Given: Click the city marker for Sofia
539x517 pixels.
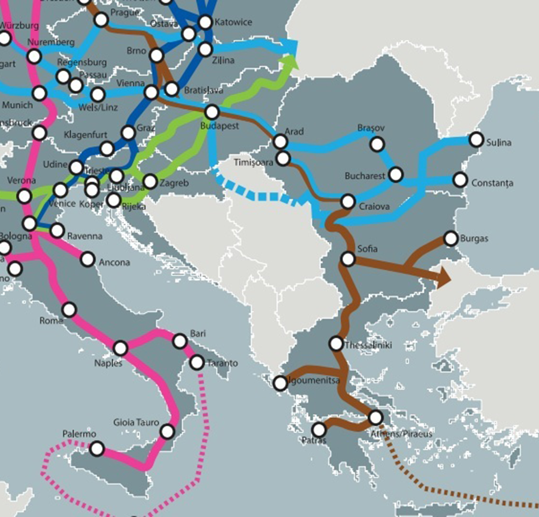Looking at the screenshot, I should [x=348, y=259].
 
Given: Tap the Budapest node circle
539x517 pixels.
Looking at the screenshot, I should [x=212, y=112].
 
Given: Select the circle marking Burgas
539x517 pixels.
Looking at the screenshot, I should [x=451, y=239].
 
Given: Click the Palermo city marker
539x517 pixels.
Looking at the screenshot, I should [x=97, y=449].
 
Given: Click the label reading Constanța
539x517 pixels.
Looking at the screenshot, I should [x=492, y=183].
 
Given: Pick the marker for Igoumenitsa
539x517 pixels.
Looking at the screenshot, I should [x=280, y=383].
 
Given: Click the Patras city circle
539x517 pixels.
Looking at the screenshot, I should [x=319, y=429].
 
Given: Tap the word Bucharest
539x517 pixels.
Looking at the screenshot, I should [x=364, y=176].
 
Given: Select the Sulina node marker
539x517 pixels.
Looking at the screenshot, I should [x=476, y=140].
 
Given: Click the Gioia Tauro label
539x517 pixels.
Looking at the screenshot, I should [x=136, y=422].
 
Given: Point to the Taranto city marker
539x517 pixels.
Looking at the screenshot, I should [x=197, y=363].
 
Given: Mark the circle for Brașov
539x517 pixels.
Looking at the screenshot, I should [x=377, y=144].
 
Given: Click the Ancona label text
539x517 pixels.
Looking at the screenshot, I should [x=114, y=262].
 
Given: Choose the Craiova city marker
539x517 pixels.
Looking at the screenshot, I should [x=348, y=202].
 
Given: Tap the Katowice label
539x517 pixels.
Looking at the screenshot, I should [x=233, y=22].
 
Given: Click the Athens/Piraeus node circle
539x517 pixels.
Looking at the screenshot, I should [x=376, y=417].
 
